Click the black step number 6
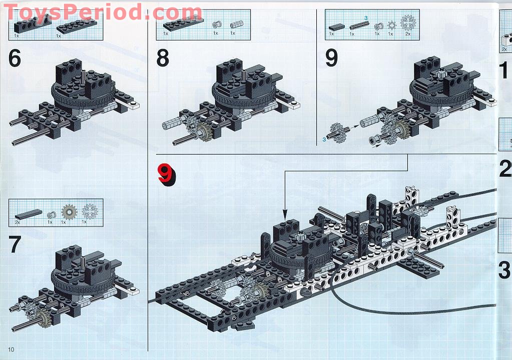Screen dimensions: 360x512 click(15, 58)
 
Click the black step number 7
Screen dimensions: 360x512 click(15, 244)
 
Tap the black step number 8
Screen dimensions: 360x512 click(163, 58)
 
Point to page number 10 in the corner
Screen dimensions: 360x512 click(11, 348)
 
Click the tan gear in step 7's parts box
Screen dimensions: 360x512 click(68, 212)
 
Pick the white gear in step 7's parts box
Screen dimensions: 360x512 click(89, 212)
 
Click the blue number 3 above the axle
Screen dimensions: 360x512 click(366, 18)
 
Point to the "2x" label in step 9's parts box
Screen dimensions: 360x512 click(408, 34)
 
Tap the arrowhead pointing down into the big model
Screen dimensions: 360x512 click(285, 211)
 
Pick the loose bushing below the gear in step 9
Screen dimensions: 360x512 click(373, 142)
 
